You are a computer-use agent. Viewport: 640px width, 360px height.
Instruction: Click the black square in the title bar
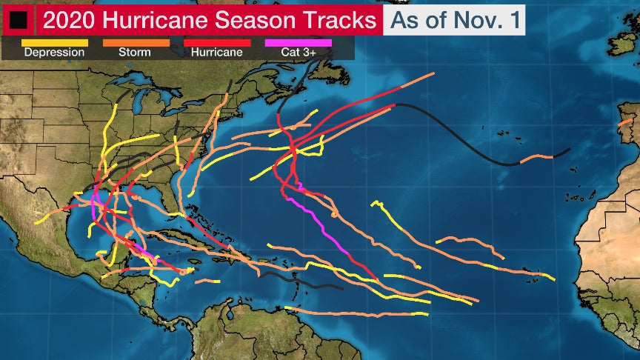point(18,19)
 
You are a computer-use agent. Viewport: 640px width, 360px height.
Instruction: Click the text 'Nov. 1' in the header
point(485,19)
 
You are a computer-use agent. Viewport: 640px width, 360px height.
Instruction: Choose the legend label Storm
point(135,53)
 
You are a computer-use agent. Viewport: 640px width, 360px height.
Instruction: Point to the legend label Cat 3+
point(298,53)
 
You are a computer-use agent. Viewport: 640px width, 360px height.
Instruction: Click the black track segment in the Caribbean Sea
point(296,281)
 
